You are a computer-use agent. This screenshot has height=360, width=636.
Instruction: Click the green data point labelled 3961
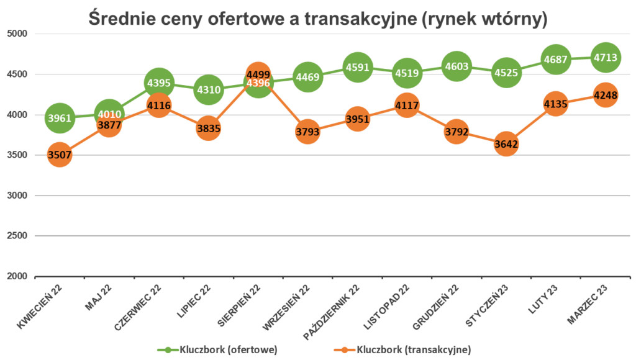click(60, 118)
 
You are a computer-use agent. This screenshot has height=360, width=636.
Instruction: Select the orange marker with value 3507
click(60, 154)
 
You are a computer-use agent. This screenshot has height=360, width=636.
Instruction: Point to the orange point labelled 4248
click(605, 96)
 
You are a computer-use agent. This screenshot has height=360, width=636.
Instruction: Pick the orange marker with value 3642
click(506, 144)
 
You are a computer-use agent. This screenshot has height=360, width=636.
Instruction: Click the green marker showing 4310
click(208, 90)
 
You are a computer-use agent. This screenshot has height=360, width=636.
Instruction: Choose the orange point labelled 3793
click(307, 132)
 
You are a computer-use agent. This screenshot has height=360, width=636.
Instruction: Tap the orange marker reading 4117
click(407, 106)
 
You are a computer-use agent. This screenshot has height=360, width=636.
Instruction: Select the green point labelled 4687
click(555, 60)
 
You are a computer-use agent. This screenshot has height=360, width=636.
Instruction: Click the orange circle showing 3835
click(208, 128)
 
